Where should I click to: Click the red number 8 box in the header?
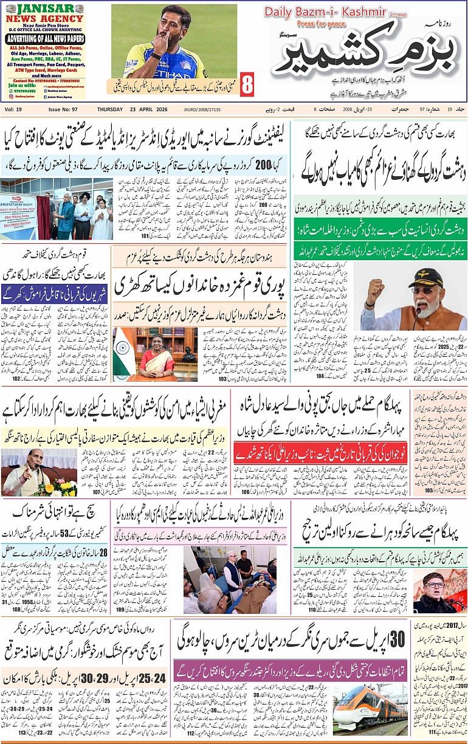[247, 84]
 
